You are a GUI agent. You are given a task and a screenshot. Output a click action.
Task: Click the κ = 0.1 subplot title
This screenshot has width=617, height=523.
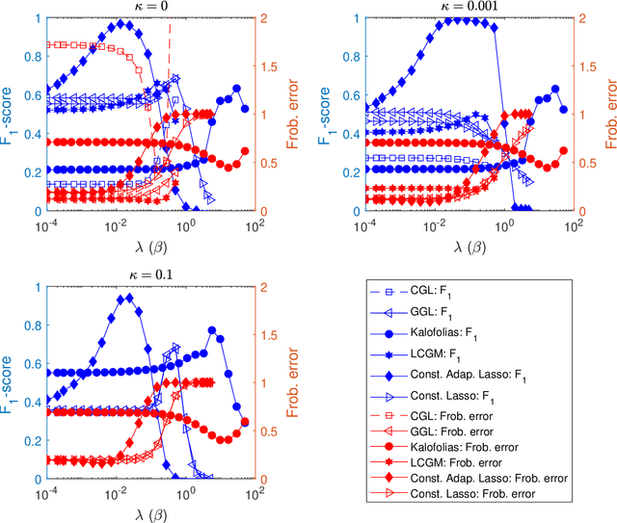[148, 275]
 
